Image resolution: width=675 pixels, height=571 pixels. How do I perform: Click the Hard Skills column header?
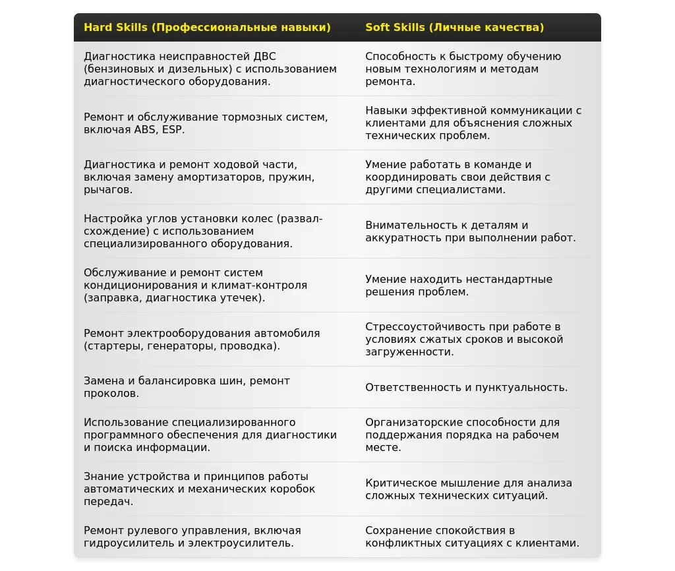(x=207, y=28)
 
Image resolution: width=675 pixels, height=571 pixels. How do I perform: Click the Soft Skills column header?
(x=455, y=28)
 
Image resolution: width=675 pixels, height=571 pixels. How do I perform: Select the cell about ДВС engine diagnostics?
(x=210, y=69)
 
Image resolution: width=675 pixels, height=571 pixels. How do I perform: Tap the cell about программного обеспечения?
(x=210, y=435)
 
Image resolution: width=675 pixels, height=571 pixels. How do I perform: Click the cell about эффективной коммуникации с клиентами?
(x=473, y=123)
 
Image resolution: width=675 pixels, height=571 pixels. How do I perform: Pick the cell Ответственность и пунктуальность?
(x=466, y=387)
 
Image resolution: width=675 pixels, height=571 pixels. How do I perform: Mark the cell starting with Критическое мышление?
(x=469, y=489)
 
